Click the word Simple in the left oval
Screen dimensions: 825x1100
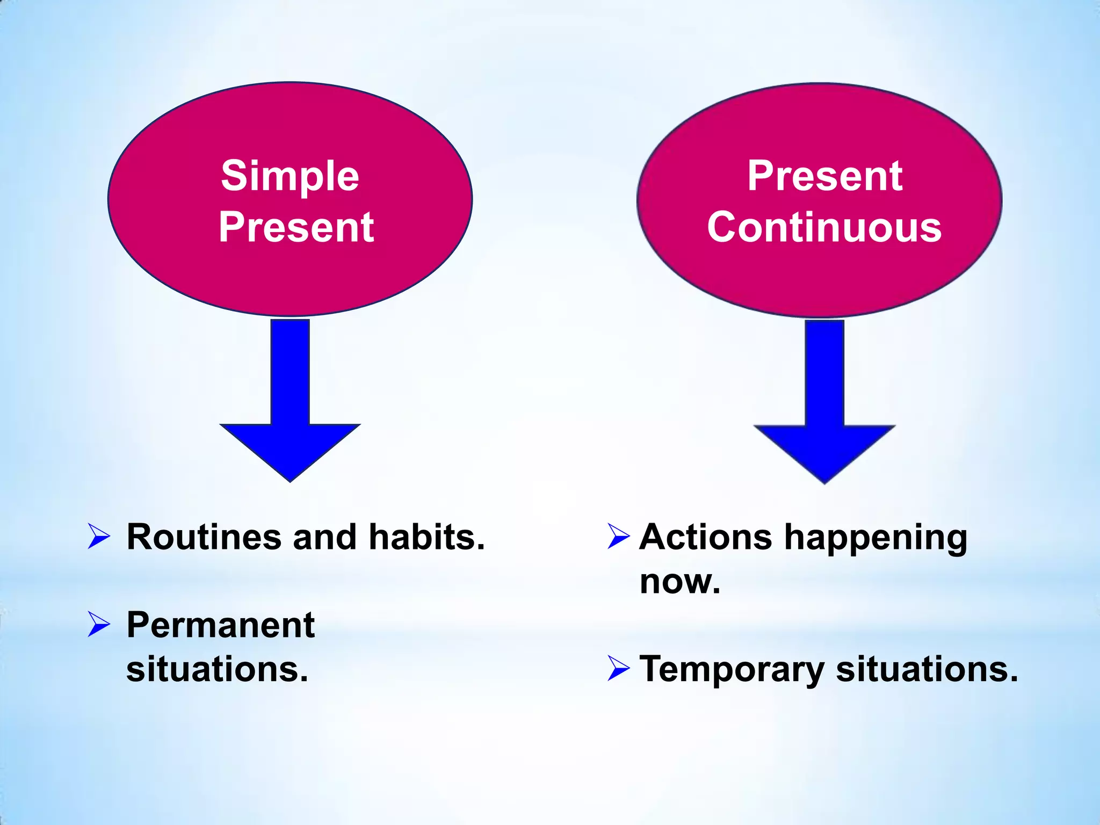[290, 176]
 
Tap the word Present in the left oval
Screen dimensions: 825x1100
[296, 227]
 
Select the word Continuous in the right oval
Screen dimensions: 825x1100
[824, 227]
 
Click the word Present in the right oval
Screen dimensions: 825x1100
[825, 176]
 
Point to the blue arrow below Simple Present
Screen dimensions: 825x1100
[290, 408]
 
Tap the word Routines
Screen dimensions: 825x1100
[204, 537]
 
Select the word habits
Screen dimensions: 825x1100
[427, 537]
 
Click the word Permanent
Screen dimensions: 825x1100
[220, 625]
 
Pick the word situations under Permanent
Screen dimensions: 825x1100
[217, 669]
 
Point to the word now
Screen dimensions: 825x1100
[679, 581]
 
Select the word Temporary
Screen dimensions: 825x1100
[732, 670]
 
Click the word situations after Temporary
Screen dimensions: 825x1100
[927, 669]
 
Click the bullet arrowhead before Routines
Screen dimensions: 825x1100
[98, 537]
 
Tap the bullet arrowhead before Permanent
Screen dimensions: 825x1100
[98, 625]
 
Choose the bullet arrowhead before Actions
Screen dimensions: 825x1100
[618, 537]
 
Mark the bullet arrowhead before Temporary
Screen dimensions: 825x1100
[618, 669]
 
